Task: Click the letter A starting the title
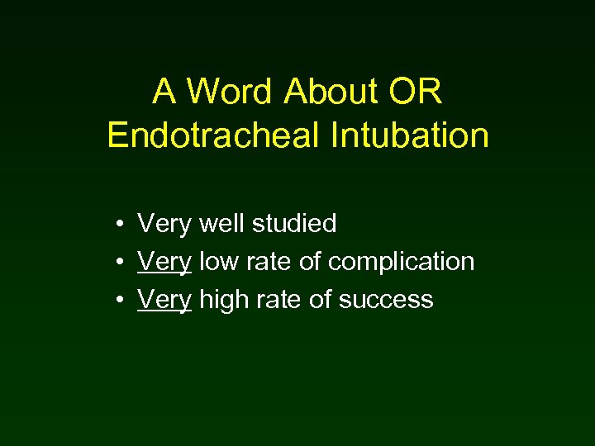[x=163, y=93]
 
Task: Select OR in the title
[x=416, y=93]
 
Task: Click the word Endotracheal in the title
[x=212, y=135]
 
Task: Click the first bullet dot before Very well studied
[x=121, y=224]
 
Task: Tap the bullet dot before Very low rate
[x=121, y=262]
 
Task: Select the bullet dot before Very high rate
[x=121, y=300]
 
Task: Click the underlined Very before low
[x=164, y=262]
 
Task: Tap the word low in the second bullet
[x=217, y=261]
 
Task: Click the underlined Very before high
[x=164, y=300]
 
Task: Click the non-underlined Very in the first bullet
[x=164, y=224]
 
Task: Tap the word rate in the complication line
[x=265, y=262]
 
